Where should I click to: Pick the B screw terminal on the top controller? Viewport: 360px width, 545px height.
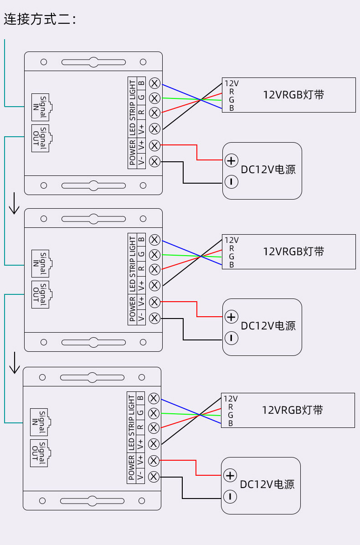point(154,83)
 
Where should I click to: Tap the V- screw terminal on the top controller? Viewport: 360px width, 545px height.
point(154,162)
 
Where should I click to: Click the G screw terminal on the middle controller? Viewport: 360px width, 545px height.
point(154,255)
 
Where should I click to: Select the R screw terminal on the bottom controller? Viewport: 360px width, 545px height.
point(154,428)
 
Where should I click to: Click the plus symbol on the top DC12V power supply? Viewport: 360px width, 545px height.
point(231,160)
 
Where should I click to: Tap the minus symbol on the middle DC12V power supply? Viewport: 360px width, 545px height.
point(231,338)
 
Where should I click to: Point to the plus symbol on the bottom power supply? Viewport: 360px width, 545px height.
point(230,475)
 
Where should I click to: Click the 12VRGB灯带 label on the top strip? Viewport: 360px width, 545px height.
point(293,94)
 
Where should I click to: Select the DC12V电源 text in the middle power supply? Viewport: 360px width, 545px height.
point(268,326)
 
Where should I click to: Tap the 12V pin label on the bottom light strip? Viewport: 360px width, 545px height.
point(231,399)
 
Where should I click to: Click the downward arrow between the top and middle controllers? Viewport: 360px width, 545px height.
point(14,203)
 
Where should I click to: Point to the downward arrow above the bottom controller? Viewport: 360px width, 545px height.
point(14,363)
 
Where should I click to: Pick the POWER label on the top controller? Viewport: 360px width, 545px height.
point(132,153)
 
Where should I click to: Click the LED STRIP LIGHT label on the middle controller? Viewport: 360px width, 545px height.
point(132,264)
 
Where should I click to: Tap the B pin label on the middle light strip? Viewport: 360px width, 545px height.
point(231,265)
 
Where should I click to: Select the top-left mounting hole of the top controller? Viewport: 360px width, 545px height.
point(44,62)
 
